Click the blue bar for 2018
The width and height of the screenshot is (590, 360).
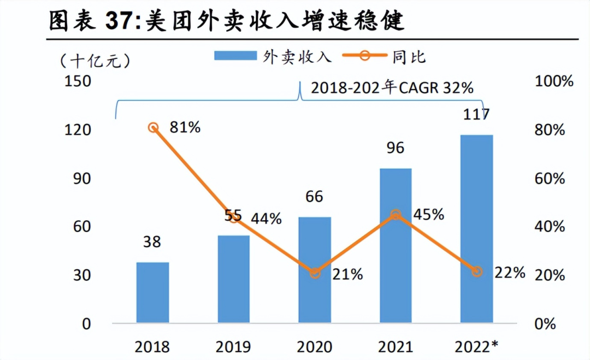coord(152,292)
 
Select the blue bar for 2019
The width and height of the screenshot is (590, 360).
coord(233,279)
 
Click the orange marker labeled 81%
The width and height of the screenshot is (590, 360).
coord(154,127)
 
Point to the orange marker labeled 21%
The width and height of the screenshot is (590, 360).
coord(315,273)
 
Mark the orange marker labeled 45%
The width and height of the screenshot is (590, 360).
coord(396,215)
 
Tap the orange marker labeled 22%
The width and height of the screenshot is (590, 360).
coord(477,272)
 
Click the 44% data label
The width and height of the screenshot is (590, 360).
coord(266,219)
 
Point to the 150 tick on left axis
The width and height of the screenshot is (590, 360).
coord(78,81)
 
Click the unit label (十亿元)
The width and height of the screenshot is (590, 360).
coord(95,60)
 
